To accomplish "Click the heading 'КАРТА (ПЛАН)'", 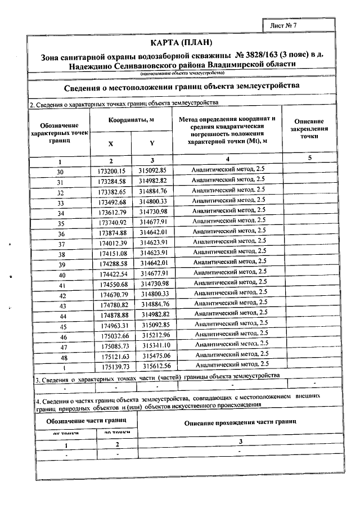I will pyautogui.click(x=182, y=43).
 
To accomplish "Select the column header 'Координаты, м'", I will pyautogui.click(x=131, y=120).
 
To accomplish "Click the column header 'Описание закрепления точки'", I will pyautogui.click(x=309, y=129).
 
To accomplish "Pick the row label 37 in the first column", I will pyautogui.click(x=61, y=244).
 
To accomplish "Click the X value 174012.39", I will pyautogui.click(x=111, y=244).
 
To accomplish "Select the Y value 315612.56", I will pyautogui.click(x=155, y=367).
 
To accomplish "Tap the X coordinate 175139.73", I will pyautogui.click(x=111, y=367).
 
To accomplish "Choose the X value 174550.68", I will pyautogui.click(x=111, y=285).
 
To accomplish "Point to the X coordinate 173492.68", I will pyautogui.click(x=111, y=201).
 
